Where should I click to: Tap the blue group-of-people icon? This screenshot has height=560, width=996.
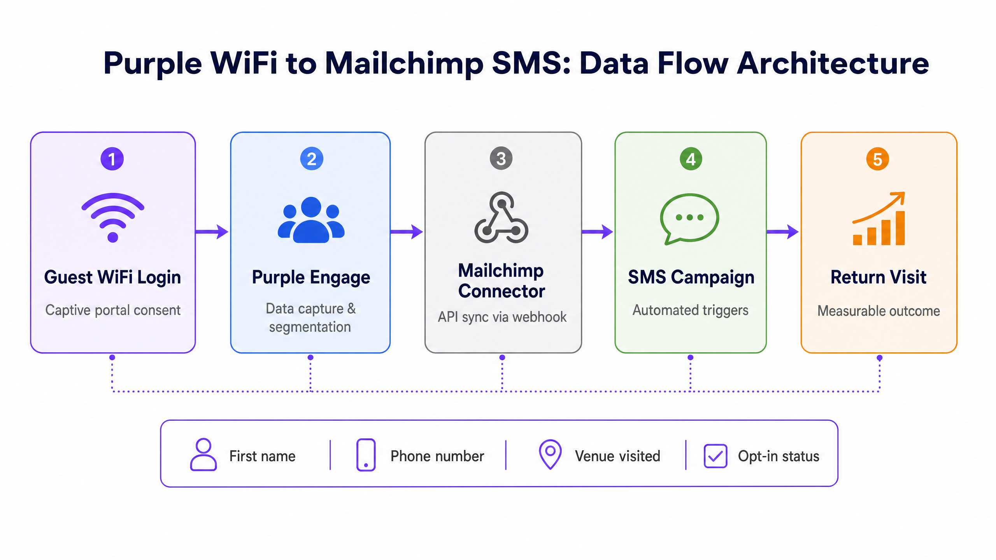tap(311, 220)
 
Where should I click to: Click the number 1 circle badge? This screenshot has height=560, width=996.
tap(112, 159)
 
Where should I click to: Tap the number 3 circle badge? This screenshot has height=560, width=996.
tap(501, 158)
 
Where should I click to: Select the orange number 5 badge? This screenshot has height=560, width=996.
tap(878, 159)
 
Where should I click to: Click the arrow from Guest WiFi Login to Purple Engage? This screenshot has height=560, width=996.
tap(212, 232)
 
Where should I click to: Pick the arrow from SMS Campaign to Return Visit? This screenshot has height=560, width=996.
tap(782, 232)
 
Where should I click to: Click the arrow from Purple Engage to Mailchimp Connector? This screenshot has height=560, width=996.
tap(407, 232)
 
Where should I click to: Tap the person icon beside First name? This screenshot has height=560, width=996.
tap(203, 455)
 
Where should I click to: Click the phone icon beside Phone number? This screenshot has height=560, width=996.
tap(366, 455)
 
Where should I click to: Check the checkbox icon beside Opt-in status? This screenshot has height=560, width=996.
tap(715, 456)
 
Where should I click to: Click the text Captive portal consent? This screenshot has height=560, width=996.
tap(113, 310)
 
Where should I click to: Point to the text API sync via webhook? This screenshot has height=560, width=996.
tap(502, 317)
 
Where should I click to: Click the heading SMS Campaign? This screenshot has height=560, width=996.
tap(691, 278)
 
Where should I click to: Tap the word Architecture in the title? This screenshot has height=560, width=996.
tap(833, 63)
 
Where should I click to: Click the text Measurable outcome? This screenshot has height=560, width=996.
tap(879, 311)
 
